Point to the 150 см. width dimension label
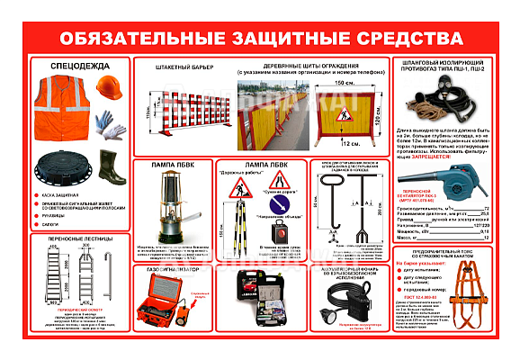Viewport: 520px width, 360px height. pos(343,83)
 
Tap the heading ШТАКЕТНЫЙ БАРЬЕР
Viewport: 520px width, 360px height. pos(171,67)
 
